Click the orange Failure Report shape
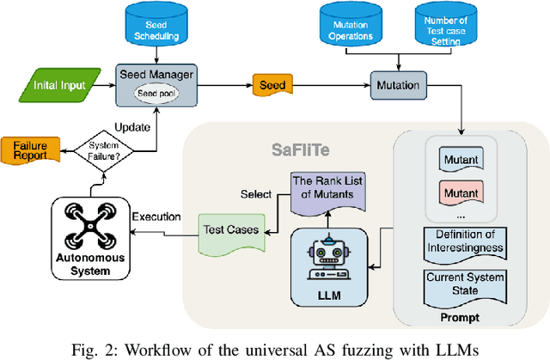pos(31,151)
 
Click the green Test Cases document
pos(229,231)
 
